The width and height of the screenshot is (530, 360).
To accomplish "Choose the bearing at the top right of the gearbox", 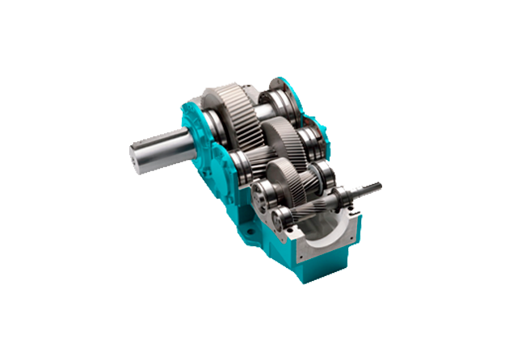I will pos(288,98).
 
